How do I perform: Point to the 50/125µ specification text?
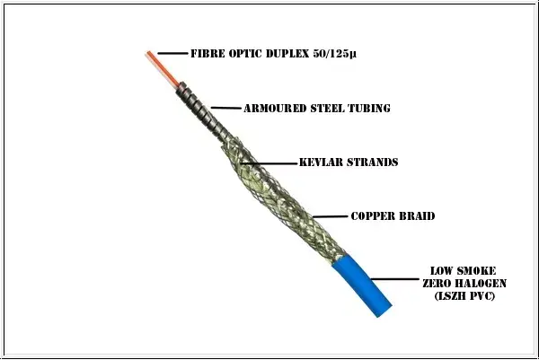tap(335, 54)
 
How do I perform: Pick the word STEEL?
tap(327, 109)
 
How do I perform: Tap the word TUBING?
tap(369, 109)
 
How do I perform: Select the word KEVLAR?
tap(321, 162)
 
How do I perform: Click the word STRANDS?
tap(373, 162)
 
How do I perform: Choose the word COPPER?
tap(373, 216)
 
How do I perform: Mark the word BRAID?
tap(417, 216)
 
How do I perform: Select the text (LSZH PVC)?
tap(464, 295)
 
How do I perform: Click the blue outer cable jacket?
tap(362, 285)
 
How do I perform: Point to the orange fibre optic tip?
tap(162, 68)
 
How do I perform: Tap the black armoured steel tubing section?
tap(199, 109)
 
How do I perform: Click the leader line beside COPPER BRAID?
tap(331, 216)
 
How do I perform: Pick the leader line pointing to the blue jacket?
tap(395, 279)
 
